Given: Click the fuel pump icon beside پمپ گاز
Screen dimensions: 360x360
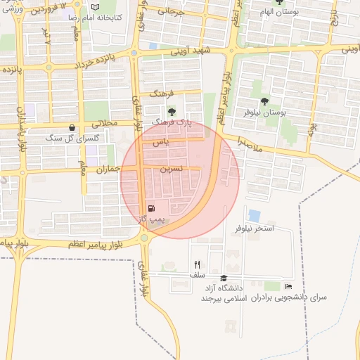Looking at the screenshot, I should click(x=151, y=208).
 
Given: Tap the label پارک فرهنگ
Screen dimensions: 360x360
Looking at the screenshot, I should click(x=178, y=122).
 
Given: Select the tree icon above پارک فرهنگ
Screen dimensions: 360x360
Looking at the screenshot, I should click(x=172, y=111).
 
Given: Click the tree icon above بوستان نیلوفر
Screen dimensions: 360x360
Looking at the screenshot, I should click(x=264, y=101).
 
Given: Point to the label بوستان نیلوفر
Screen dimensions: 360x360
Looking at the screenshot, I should click(x=264, y=112).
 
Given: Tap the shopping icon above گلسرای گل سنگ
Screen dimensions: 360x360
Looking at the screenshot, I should click(x=72, y=127).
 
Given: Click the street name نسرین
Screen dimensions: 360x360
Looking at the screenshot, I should click(x=172, y=169).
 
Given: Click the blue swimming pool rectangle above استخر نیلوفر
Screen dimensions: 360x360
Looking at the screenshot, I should click(x=254, y=216).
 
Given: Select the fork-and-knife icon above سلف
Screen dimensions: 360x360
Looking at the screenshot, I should click(x=197, y=264).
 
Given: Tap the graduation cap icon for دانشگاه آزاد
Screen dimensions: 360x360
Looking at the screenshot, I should click(x=224, y=278).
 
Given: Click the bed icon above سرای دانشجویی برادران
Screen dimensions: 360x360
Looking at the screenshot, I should click(x=288, y=286).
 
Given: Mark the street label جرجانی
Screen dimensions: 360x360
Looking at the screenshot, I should click(x=170, y=11).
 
